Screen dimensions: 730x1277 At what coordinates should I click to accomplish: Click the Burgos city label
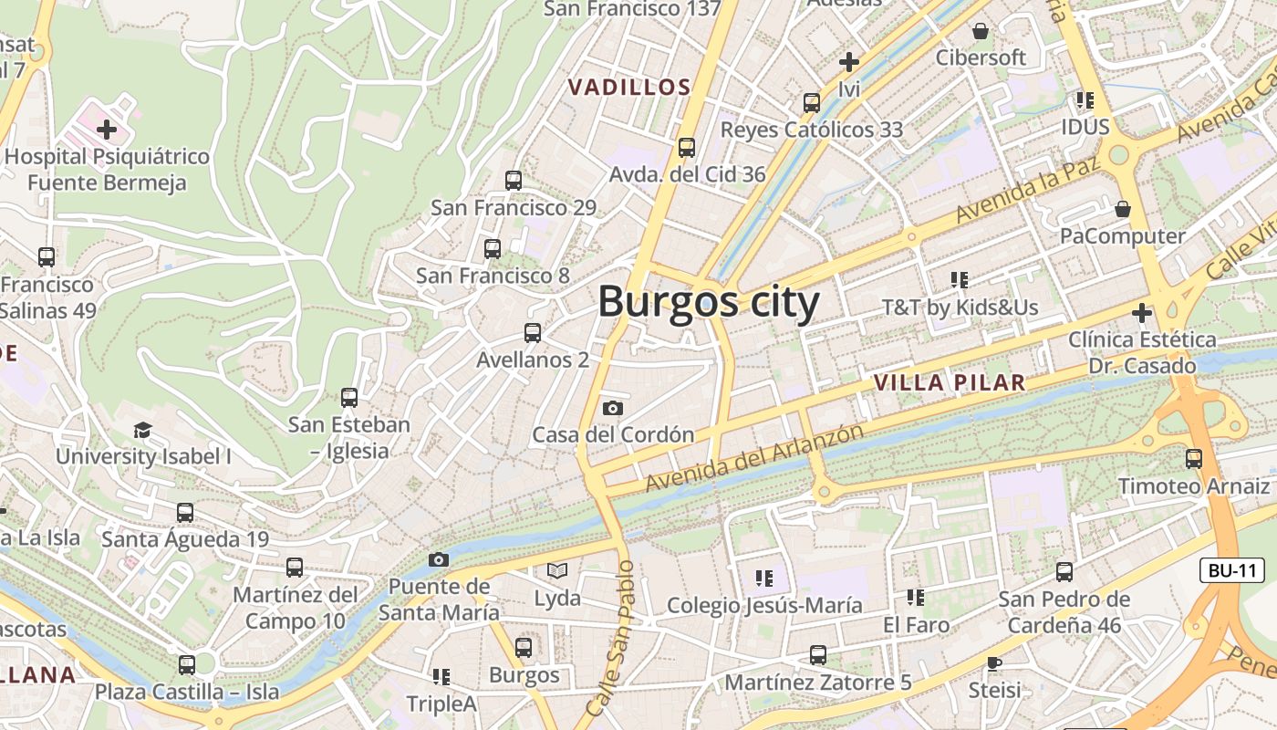click(709, 302)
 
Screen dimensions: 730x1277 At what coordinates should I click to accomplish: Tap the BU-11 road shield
click(1231, 571)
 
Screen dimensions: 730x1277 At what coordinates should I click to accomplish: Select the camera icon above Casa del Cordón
click(613, 408)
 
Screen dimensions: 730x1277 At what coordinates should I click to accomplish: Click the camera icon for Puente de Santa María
click(439, 559)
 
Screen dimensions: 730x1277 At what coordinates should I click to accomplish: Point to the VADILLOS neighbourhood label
click(629, 88)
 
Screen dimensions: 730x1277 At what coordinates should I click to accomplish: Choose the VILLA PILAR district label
click(950, 382)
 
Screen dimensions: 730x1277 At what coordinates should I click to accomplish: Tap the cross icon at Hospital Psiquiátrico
click(107, 130)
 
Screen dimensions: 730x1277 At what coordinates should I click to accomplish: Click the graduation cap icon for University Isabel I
click(142, 430)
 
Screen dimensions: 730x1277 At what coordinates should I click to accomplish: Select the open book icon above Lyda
click(557, 571)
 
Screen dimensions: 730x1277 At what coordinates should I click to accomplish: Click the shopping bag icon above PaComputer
click(1123, 209)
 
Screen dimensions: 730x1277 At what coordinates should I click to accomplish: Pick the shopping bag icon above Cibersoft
click(981, 31)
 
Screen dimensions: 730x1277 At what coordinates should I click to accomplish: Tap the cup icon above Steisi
click(994, 662)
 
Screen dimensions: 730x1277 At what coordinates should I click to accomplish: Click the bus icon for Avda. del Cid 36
click(687, 147)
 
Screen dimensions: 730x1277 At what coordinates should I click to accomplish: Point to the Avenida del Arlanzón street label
click(753, 458)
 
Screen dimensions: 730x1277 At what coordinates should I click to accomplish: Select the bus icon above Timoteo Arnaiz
click(1194, 459)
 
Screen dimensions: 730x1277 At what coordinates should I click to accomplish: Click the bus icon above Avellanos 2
click(533, 333)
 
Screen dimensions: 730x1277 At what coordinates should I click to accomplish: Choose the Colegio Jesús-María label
click(764, 605)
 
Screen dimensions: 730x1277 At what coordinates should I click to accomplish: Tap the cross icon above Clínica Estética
click(1141, 313)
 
